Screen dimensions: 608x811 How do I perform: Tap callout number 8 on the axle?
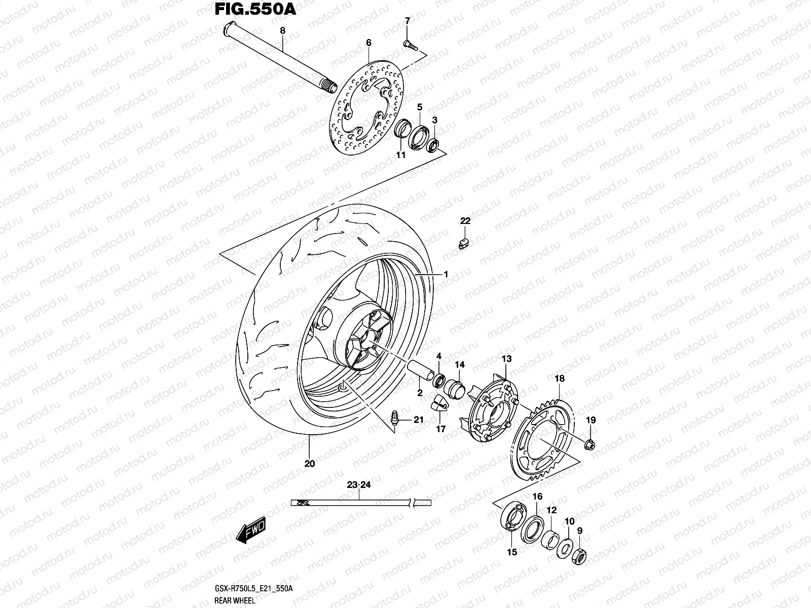tap(283, 31)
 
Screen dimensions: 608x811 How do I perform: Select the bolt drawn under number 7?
tap(410, 46)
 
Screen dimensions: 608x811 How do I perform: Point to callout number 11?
tap(400, 156)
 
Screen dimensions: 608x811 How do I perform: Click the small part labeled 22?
tap(464, 244)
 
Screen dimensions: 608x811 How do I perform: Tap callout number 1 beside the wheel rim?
tap(446, 274)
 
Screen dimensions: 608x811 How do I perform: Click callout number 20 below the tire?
tap(310, 463)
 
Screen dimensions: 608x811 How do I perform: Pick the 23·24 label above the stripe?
tap(359, 485)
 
